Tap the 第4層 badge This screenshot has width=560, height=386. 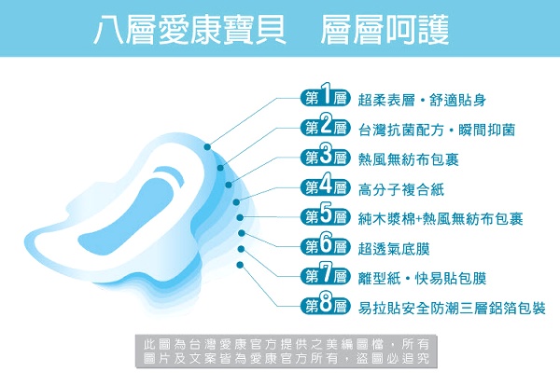[x=325, y=187]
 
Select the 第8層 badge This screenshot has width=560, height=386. [x=325, y=306]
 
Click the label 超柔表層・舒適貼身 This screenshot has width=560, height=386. [x=422, y=100]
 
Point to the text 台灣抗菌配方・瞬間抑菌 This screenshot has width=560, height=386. [x=437, y=130]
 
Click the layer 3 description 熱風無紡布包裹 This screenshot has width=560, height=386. [x=408, y=159]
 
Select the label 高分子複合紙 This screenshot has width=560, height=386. [x=401, y=189]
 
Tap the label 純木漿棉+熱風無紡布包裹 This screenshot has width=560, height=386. [x=441, y=219]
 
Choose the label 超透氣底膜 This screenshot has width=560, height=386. [x=394, y=249]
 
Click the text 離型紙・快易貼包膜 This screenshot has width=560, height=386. [x=422, y=278]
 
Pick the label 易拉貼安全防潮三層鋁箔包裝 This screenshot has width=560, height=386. [x=452, y=309]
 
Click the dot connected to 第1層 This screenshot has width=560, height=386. [x=207, y=146]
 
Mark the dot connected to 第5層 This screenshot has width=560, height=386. [x=240, y=217]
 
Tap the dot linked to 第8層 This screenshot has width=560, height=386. [x=240, y=265]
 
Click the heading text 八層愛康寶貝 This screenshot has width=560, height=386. [x=189, y=31]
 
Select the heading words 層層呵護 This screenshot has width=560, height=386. [x=385, y=31]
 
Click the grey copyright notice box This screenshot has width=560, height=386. [x=287, y=352]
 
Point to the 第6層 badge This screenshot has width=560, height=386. [x=325, y=246]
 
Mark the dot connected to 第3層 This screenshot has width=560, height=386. [x=229, y=185]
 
